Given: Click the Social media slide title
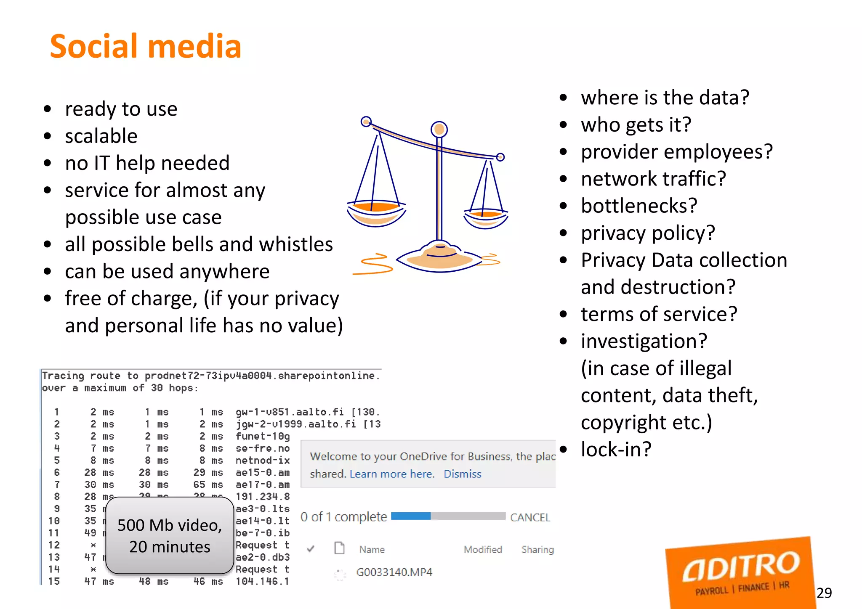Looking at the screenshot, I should [145, 46].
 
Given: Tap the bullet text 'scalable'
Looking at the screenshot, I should [101, 136].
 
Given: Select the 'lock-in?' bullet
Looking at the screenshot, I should [616, 449].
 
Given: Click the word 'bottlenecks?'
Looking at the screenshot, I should [639, 206].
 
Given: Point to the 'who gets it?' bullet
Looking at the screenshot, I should [636, 125].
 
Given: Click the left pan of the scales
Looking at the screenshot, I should [376, 212].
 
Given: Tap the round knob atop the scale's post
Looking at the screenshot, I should [439, 129].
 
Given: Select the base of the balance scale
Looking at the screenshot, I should [440, 257].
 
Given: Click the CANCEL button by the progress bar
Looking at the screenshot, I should [530, 517].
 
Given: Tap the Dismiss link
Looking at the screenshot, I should [462, 474].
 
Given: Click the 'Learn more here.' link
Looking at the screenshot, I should [392, 474].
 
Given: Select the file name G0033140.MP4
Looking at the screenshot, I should [394, 572].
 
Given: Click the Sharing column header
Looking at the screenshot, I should [537, 549].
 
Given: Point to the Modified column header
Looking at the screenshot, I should [483, 549].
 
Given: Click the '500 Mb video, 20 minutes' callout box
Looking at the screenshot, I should [170, 535].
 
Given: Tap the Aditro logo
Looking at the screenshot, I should [740, 572].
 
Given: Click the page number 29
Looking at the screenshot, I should [824, 593].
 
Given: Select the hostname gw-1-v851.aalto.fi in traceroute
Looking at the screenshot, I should [290, 412].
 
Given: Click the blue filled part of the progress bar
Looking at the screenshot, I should [411, 516].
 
